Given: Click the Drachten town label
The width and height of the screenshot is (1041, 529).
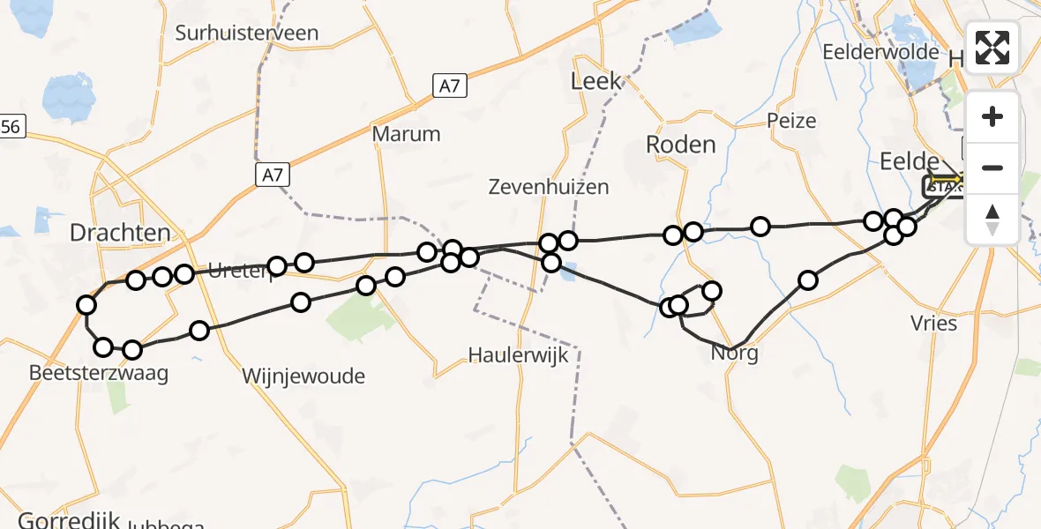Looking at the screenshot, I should (x=119, y=233).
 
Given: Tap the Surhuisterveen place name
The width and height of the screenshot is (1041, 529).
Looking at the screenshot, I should (x=247, y=34).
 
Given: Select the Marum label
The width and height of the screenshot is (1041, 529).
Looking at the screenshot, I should (x=406, y=134).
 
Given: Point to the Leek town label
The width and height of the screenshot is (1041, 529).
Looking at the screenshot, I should (x=596, y=82).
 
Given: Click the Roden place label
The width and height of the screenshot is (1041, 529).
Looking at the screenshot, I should (x=680, y=145).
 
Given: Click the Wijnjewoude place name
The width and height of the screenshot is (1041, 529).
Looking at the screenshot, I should (x=303, y=376).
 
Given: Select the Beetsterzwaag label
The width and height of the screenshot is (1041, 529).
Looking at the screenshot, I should (x=99, y=373).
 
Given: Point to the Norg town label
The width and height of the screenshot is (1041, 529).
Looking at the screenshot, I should (x=735, y=354).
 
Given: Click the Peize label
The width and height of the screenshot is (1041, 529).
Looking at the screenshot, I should (x=791, y=121).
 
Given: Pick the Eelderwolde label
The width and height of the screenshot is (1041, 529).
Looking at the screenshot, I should (x=880, y=52).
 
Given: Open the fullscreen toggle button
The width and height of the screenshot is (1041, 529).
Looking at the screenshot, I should (x=992, y=48).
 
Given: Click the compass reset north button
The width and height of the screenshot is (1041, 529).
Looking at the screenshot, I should (x=992, y=219).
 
